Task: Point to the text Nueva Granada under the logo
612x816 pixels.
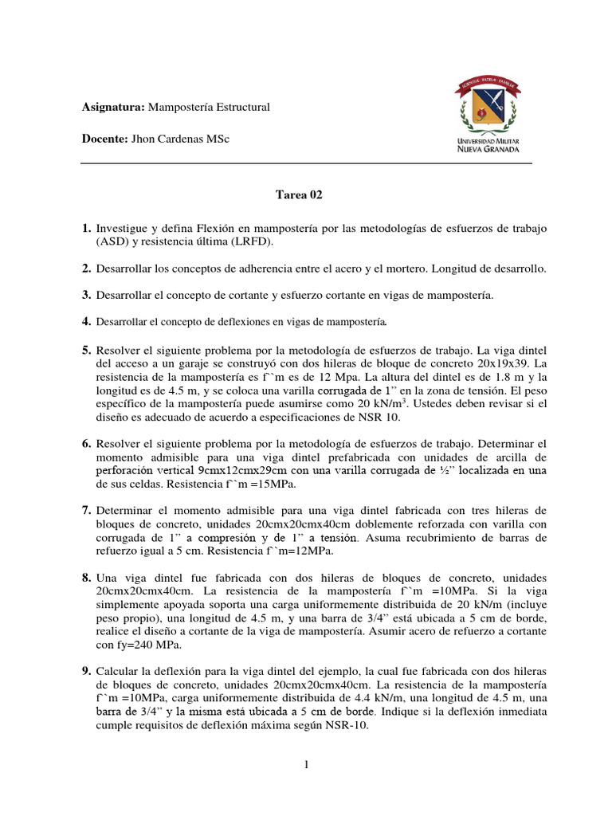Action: (488, 148)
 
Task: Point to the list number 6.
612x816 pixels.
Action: (86, 443)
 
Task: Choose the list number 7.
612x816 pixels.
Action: (86, 510)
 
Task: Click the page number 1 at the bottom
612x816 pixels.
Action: (306, 765)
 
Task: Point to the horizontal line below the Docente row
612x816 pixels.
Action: (306, 163)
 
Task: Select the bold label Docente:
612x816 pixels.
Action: (104, 139)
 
